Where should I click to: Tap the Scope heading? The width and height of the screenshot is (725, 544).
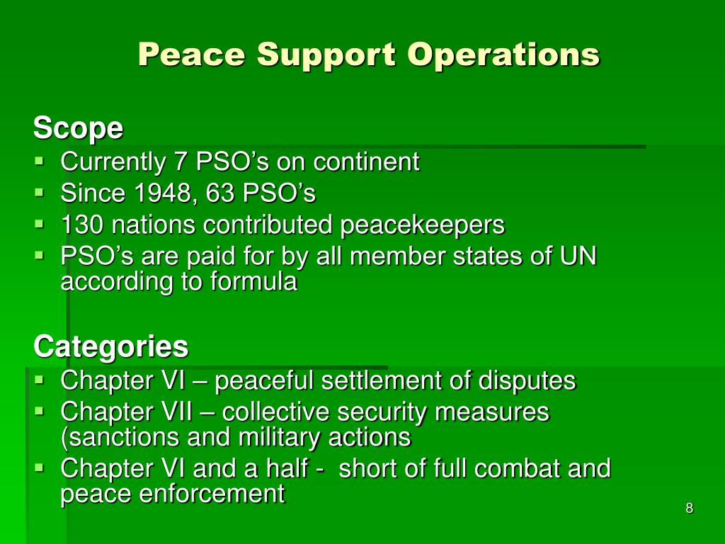(78, 129)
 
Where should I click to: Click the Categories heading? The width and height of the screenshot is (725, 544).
(110, 346)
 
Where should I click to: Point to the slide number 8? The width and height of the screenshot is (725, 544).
(689, 508)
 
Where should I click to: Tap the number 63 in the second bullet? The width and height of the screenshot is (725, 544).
(203, 193)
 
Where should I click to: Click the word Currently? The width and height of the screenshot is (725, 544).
(112, 162)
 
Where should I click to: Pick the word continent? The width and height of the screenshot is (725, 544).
(366, 162)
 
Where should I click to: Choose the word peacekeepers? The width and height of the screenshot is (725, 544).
(423, 225)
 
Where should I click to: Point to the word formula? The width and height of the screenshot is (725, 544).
(253, 282)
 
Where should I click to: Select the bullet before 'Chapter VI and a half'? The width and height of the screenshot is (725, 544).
(39, 467)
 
